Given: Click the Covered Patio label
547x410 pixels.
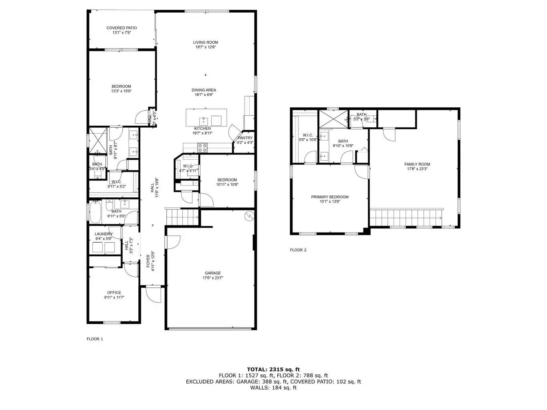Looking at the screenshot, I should tap(121, 28).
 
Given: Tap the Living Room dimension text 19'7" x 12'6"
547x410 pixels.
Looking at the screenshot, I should tap(206, 47).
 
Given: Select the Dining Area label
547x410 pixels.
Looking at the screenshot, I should tap(204, 90).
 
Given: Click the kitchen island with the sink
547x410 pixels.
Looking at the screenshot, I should tap(206, 118).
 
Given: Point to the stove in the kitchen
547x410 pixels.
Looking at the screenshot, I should tap(203, 149).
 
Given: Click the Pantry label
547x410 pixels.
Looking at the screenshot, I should tap(245, 138).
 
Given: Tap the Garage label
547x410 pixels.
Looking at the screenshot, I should tap(213, 273).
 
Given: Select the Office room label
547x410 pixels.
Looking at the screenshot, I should tap(114, 293).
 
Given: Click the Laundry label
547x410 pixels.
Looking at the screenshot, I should tap(103, 234).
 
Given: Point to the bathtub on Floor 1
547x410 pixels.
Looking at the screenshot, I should tap(95, 213).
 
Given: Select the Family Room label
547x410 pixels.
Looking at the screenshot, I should tap(417, 164).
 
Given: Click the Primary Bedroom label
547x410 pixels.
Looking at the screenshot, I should tap(330, 197).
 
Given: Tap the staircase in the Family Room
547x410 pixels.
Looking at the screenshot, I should tap(406, 217).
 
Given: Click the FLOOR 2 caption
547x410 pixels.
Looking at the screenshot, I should tap(298, 250).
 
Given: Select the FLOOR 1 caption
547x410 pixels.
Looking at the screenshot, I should tap(95, 339).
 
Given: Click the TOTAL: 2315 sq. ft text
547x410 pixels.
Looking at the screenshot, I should tap(273, 369).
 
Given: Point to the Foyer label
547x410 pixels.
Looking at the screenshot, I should tap(148, 261).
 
